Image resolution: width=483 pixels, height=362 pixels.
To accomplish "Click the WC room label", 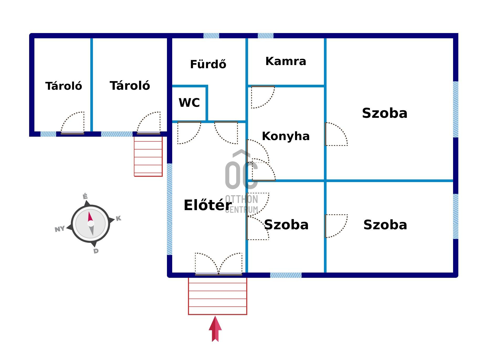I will pos(189,103).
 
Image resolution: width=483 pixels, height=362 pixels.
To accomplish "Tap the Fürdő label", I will pos(208,64).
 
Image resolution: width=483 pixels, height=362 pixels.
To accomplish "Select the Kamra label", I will pos(286,61).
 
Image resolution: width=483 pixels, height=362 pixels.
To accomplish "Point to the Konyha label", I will pos(286,136).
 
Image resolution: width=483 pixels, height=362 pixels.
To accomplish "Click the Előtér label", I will pos(208,205).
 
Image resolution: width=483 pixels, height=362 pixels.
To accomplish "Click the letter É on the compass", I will pos(85,196).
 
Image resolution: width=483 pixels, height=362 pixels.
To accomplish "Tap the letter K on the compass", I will pos(118,218).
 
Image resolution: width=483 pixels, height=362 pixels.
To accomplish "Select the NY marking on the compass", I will pos(60,229).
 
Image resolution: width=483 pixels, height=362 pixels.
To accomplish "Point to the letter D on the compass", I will pos(96,251).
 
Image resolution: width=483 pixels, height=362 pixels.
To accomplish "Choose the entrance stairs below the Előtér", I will pos(217,296).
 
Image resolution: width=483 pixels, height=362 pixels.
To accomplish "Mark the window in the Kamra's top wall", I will pos(265,36).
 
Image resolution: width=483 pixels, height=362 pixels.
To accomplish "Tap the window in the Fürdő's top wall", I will pos(211,36).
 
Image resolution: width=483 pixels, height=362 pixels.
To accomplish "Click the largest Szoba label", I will pos(385,113).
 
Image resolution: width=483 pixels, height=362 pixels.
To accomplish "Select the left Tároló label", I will pos(64,86).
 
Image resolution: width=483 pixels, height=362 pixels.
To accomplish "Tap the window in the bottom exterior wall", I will pos(286,275).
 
